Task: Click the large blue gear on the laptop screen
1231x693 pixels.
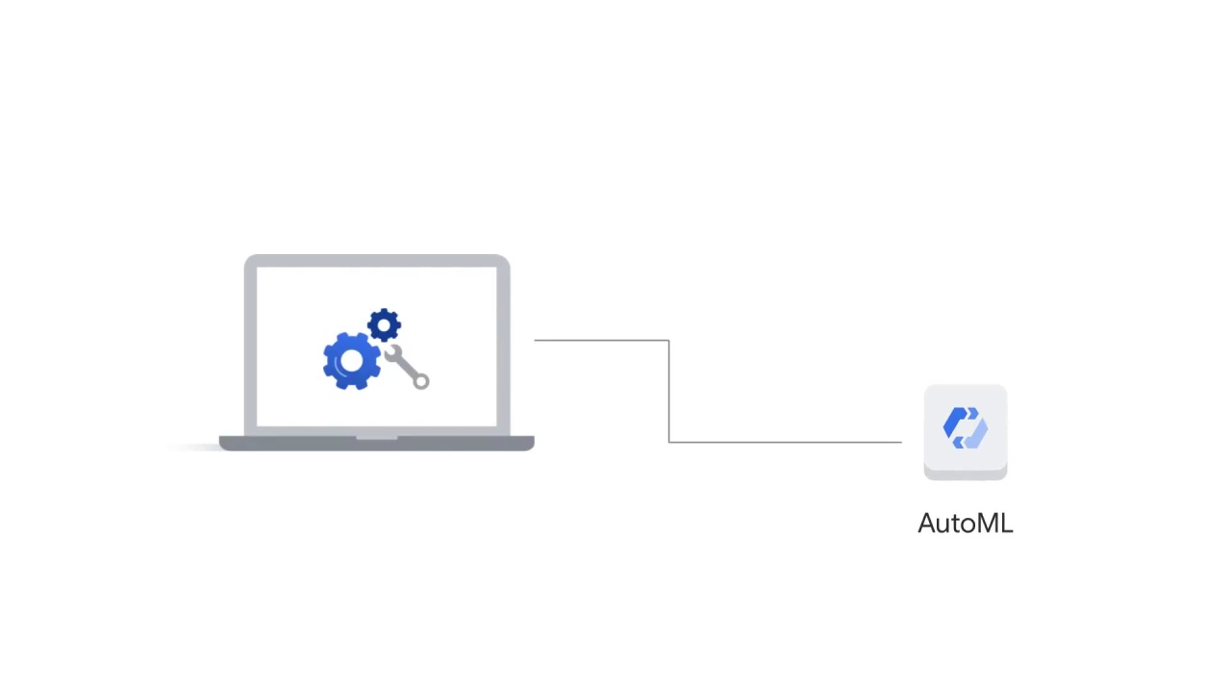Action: (x=352, y=361)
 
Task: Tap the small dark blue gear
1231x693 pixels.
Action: (x=384, y=325)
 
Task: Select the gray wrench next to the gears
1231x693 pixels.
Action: (x=407, y=367)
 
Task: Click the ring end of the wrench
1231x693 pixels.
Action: (x=421, y=380)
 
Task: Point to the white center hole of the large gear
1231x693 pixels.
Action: (x=352, y=361)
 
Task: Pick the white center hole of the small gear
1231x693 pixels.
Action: (x=384, y=325)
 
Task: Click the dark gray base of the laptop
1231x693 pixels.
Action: (x=376, y=444)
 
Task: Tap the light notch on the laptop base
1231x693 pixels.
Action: (x=376, y=438)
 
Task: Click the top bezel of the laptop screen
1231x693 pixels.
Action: (x=377, y=261)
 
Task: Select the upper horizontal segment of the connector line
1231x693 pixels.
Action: (x=602, y=341)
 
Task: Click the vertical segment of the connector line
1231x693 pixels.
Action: (x=668, y=391)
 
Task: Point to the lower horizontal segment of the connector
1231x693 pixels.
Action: (x=786, y=442)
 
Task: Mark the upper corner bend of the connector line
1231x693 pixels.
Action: (x=668, y=341)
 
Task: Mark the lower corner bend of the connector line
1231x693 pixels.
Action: (x=668, y=442)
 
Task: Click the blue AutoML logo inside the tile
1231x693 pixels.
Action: (x=966, y=428)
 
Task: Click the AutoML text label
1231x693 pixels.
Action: (x=966, y=523)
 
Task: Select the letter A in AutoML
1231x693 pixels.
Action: (x=928, y=523)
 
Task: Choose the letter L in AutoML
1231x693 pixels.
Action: (x=1007, y=523)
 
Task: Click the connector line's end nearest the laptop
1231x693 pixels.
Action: (x=535, y=341)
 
